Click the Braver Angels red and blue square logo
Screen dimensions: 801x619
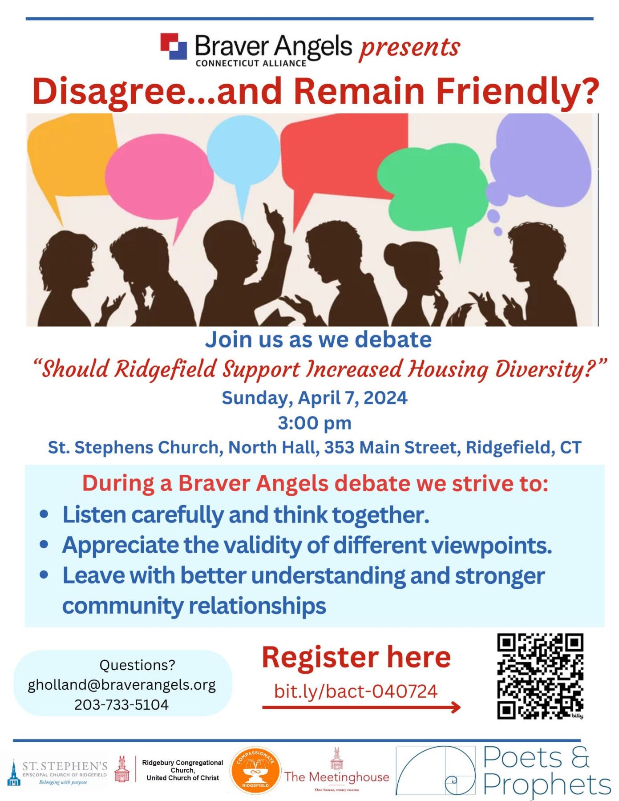pyautogui.click(x=174, y=46)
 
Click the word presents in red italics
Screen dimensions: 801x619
pyautogui.click(x=409, y=47)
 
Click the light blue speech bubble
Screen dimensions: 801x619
pyautogui.click(x=243, y=151)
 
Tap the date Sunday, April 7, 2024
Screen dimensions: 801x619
pyautogui.click(x=314, y=397)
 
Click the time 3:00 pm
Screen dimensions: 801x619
pyautogui.click(x=314, y=423)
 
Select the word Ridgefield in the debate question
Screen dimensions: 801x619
pyautogui.click(x=166, y=369)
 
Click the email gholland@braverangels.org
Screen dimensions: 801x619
pyautogui.click(x=121, y=684)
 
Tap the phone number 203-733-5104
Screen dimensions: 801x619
pyautogui.click(x=121, y=704)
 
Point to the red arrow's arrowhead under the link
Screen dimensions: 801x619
pyautogui.click(x=456, y=707)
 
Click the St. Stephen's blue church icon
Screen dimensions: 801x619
pyautogui.click(x=14, y=774)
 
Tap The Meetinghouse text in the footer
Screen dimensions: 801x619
pyautogui.click(x=336, y=777)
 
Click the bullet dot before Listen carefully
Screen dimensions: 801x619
pyautogui.click(x=44, y=514)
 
